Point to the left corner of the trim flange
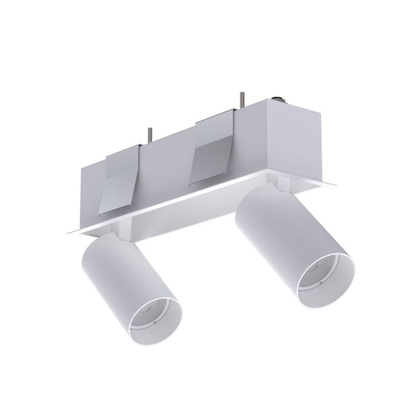(68, 233)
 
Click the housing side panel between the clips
(168, 163)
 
